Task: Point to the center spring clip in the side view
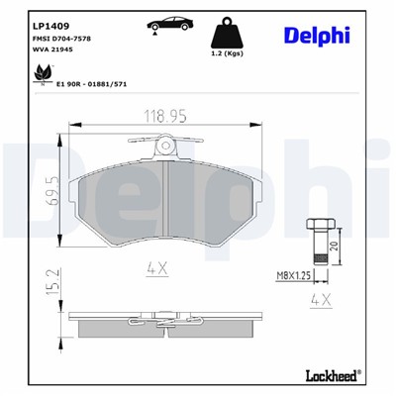click(x=167, y=318)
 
